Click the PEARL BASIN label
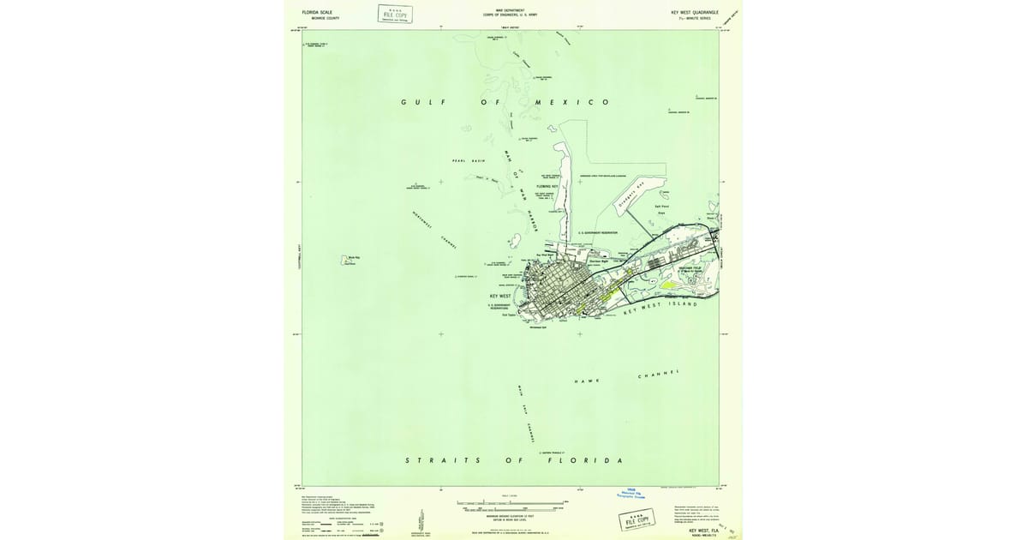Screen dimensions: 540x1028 pos(469,160)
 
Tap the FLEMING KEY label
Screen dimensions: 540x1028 pos(548,186)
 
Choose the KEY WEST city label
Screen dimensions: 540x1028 pos(499,295)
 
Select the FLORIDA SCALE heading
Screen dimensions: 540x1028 pos(317,12)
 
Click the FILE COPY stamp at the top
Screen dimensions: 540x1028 pos(395,14)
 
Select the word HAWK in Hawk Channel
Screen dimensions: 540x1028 pos(587,381)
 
